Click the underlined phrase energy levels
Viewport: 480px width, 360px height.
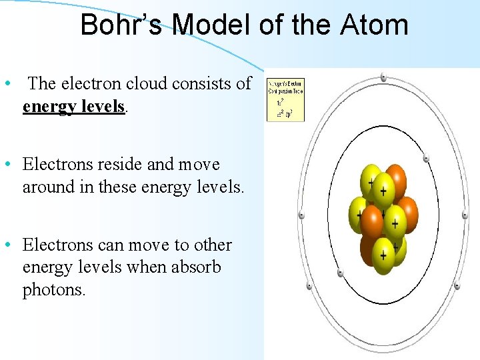tap(74, 106)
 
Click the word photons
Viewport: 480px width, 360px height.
tap(54, 290)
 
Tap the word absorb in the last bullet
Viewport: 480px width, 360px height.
tap(197, 267)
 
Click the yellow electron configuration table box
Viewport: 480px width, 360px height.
tap(285, 100)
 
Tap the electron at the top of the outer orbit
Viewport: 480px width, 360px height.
tap(383, 77)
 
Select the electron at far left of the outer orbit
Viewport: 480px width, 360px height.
tap(301, 215)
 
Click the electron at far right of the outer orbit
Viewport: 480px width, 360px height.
tap(465, 215)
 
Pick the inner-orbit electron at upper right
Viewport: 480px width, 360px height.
tap(426, 159)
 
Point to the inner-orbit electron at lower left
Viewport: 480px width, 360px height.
tap(340, 273)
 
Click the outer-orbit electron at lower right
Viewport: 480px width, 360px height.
tap(457, 286)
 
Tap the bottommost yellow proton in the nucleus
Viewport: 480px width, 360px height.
tap(383, 254)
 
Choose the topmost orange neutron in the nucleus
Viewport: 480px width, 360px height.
tap(395, 177)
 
